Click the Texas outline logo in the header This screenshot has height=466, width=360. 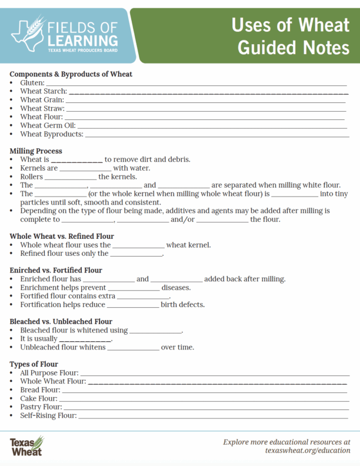[26, 34]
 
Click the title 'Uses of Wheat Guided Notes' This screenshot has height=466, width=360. [290, 36]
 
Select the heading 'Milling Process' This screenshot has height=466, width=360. [36, 151]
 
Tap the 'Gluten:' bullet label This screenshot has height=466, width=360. [32, 84]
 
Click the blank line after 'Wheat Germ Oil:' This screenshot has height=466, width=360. [212, 126]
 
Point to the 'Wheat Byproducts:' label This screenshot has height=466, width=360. [51, 134]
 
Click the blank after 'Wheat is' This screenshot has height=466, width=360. [77, 160]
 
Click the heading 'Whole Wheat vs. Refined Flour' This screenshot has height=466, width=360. [62, 236]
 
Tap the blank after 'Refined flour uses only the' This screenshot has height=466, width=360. [136, 254]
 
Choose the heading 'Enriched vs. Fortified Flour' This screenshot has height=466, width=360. [56, 270]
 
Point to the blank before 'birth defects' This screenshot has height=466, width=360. [132, 305]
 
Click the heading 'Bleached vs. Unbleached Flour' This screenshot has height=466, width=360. [61, 322]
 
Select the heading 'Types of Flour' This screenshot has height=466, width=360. [34, 364]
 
